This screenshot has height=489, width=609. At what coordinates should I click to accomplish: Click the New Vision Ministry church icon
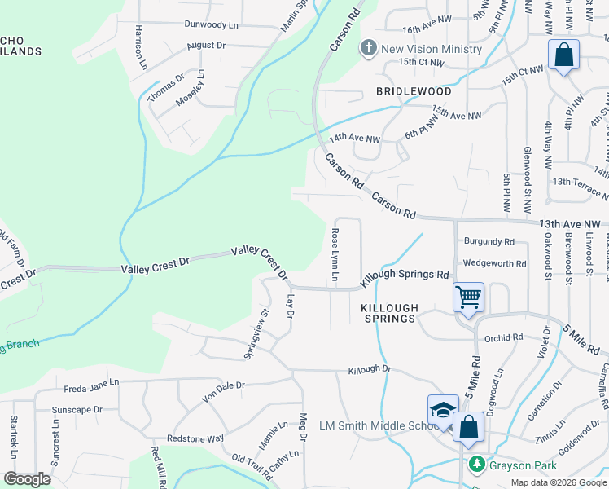[x=368, y=49]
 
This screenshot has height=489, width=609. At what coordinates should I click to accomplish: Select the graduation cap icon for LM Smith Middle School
[x=443, y=410]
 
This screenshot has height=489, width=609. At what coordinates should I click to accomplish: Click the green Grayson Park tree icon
[x=476, y=465]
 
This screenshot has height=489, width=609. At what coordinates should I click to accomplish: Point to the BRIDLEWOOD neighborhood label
[x=414, y=92]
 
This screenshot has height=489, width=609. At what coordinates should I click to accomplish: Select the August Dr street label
[x=205, y=46]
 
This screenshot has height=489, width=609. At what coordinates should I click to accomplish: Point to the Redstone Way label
[x=195, y=438]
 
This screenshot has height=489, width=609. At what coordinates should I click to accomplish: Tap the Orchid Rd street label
[x=502, y=337]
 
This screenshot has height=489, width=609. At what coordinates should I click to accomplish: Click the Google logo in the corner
[x=27, y=479]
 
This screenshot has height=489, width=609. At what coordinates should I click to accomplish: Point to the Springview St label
[x=256, y=334]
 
